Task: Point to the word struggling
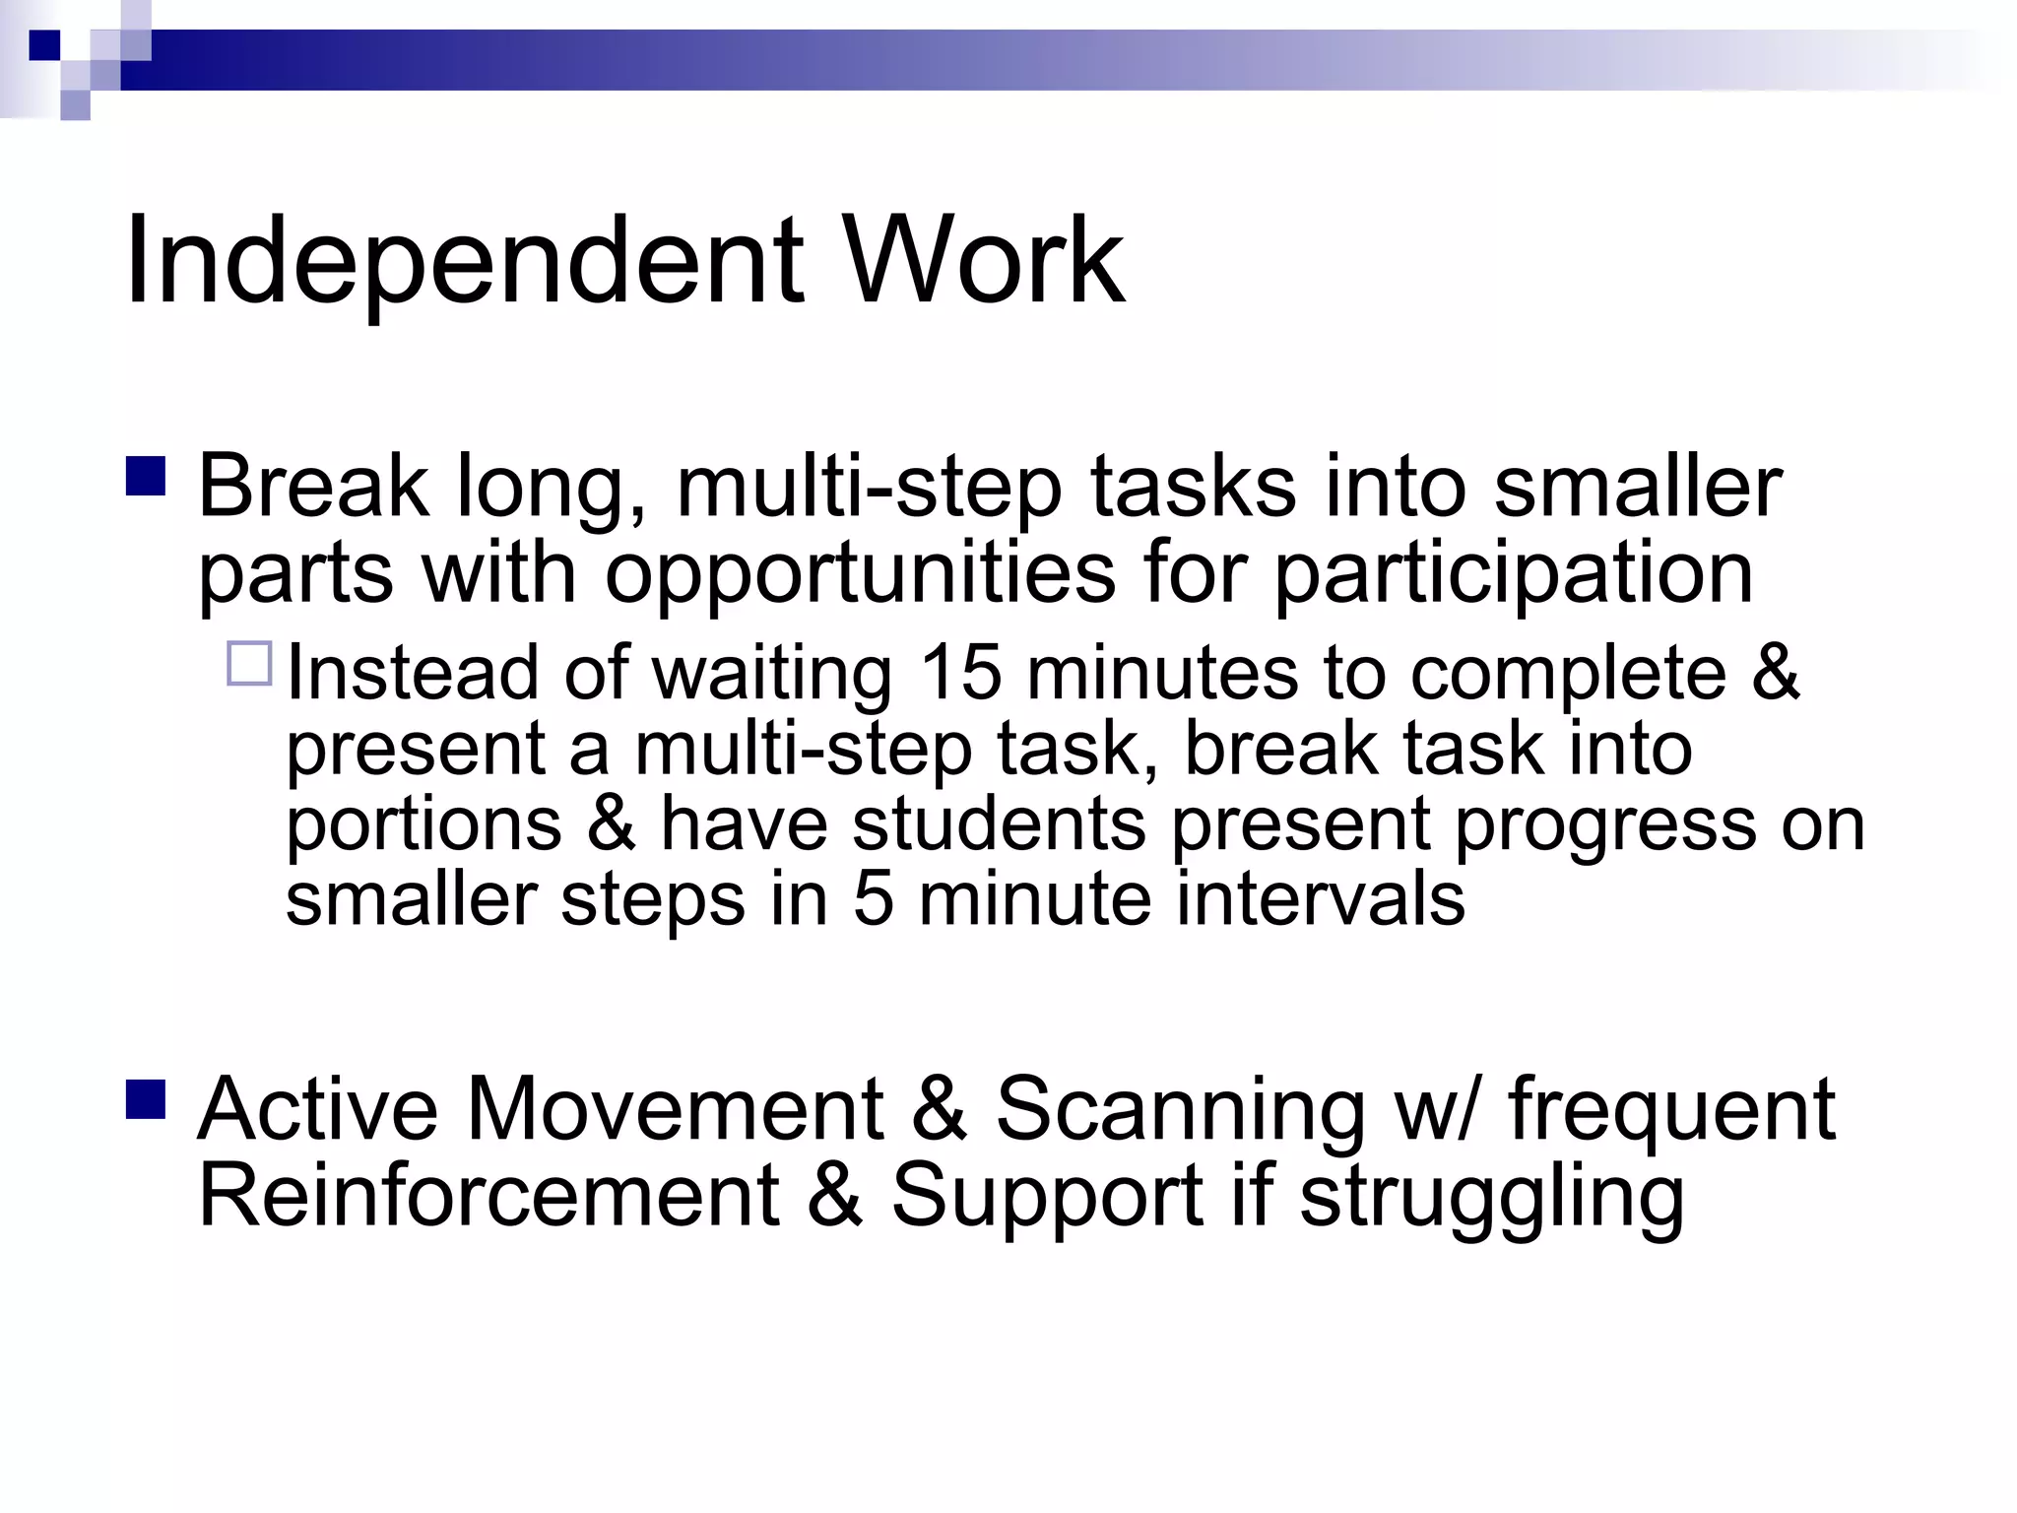[x=1491, y=1198]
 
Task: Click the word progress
[x=1605, y=827]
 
